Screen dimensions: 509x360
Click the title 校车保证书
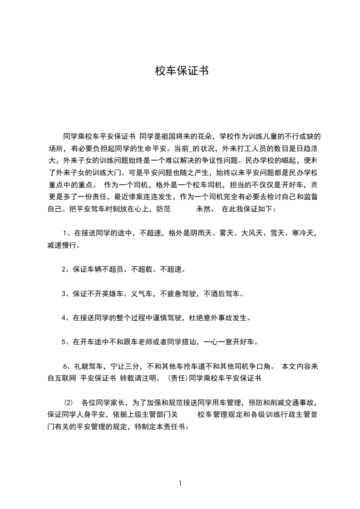tap(182, 71)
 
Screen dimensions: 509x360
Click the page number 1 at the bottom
tap(180, 483)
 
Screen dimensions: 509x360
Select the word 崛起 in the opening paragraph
tap(293, 160)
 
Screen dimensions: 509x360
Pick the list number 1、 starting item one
tap(67, 233)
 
